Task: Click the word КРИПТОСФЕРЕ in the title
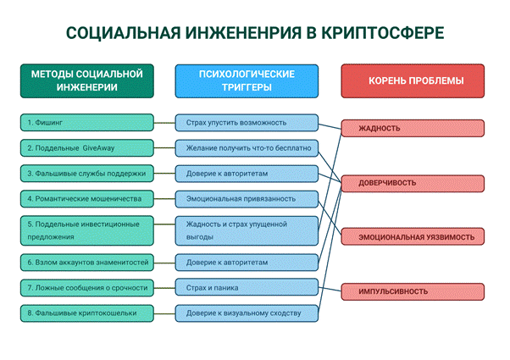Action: click(x=383, y=33)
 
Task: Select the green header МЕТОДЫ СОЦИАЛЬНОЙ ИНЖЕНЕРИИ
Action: click(x=87, y=81)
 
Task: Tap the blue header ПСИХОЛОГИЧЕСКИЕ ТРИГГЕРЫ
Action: click(x=247, y=81)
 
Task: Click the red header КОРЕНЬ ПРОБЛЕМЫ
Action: click(x=413, y=81)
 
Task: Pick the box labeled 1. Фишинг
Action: click(x=87, y=123)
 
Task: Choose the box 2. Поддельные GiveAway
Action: click(x=87, y=148)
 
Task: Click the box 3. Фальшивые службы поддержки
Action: click(x=87, y=174)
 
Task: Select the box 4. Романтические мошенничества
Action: click(x=87, y=199)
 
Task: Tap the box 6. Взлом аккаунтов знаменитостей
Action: click(x=87, y=263)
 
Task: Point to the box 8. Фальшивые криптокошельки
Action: click(x=87, y=313)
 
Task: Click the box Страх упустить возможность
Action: click(x=247, y=123)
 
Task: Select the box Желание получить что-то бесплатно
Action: click(x=247, y=148)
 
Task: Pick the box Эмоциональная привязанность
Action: click(x=247, y=199)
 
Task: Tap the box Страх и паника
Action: click(x=247, y=288)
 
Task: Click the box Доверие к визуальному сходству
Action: click(x=247, y=313)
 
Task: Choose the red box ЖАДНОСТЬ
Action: click(x=413, y=128)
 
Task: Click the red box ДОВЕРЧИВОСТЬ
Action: click(x=413, y=183)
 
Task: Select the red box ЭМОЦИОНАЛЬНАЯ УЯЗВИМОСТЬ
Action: click(x=413, y=237)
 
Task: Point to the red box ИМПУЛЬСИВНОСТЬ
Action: click(x=413, y=291)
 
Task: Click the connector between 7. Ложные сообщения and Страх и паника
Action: click(x=164, y=288)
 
